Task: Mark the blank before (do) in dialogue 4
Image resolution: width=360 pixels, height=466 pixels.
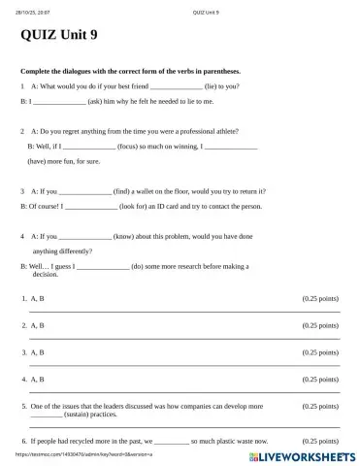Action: pyautogui.click(x=102, y=266)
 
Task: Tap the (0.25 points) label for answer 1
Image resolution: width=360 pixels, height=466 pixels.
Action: pyautogui.click(x=320, y=299)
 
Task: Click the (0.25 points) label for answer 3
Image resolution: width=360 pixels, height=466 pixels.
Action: pyautogui.click(x=320, y=352)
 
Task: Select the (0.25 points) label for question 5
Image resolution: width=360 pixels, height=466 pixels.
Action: pyautogui.click(x=320, y=406)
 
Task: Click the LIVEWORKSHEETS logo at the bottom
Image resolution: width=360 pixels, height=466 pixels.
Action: pyautogui.click(x=304, y=454)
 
